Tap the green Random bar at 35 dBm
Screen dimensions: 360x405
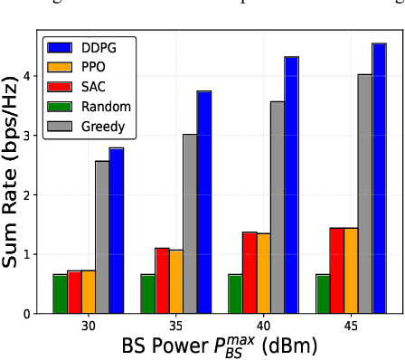pyautogui.click(x=147, y=294)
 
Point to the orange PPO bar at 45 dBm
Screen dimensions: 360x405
pyautogui.click(x=350, y=270)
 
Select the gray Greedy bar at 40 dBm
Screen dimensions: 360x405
pyautogui.click(x=278, y=207)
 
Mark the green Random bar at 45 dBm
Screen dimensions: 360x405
pyautogui.click(x=322, y=294)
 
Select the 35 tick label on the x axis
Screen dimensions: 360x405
pyautogui.click(x=175, y=325)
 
